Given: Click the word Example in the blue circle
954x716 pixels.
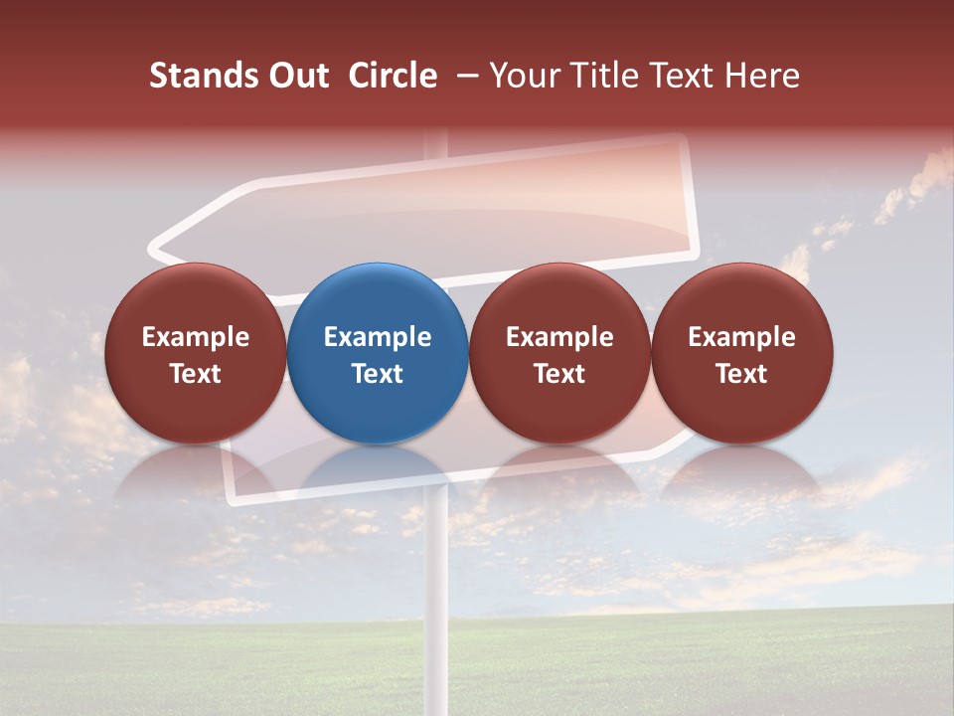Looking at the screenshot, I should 378,337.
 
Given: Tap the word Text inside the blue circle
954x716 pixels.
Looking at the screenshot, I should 378,374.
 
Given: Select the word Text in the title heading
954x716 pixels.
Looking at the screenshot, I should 683,76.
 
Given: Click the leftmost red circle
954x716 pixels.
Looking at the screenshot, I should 196,353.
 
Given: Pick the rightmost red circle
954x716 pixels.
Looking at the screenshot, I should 741,353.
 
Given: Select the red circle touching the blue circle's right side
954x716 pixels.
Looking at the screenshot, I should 559,353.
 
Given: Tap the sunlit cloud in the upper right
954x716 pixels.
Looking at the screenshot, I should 914,184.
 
